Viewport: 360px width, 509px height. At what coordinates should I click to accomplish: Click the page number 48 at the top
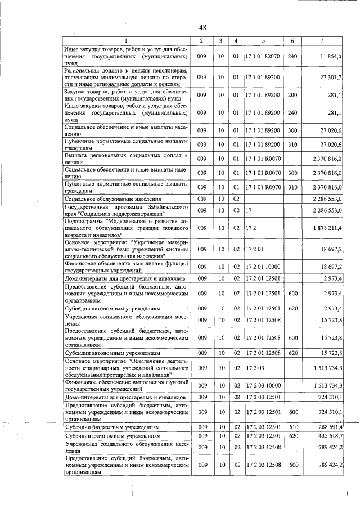[x=202, y=28]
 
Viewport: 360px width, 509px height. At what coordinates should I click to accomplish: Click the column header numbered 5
[x=262, y=41]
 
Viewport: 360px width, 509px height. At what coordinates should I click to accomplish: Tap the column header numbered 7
[x=321, y=41]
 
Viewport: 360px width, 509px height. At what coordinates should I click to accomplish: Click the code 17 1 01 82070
[x=262, y=57]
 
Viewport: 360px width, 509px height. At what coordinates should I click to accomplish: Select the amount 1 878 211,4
[x=327, y=228]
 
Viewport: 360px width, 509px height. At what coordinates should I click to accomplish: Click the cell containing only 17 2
[x=250, y=228]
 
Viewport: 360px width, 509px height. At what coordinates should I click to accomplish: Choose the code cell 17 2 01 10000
[x=262, y=267]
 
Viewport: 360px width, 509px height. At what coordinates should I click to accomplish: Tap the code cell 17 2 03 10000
[x=262, y=385]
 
